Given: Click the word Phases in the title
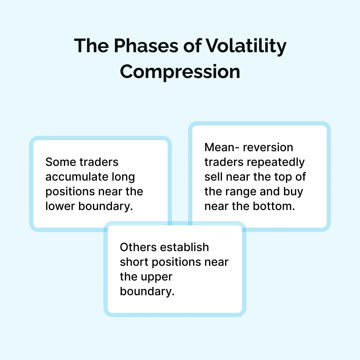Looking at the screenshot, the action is point(146,46).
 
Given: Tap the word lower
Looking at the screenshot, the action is point(60,206).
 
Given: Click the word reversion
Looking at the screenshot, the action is point(268,147).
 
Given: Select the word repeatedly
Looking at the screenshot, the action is point(276,163).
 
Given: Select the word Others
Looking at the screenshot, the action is point(138,247).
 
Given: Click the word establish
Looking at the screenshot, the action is point(184,247).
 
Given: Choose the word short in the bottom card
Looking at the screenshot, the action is point(134,262).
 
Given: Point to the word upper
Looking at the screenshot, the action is point(157,277).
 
